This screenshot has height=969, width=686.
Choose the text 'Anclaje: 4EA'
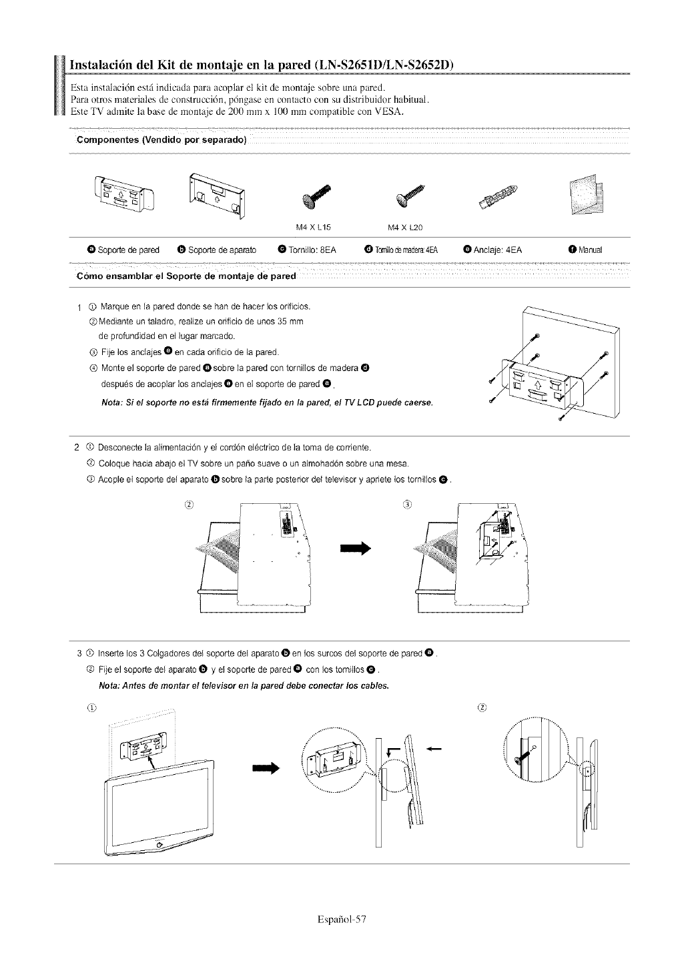tap(497, 250)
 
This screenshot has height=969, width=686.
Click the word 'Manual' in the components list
tap(591, 250)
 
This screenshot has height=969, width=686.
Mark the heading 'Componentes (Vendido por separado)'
tap(162, 139)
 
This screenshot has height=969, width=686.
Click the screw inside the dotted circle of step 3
tap(523, 756)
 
